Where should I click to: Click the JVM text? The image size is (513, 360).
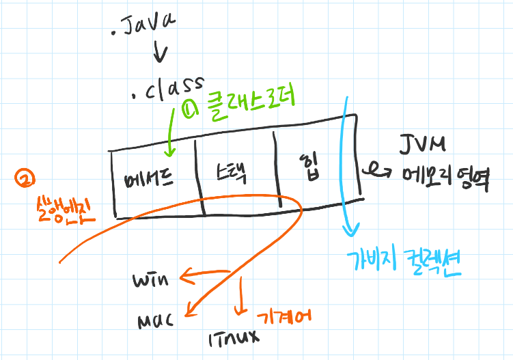coord(424,146)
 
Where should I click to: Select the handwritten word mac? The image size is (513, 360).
coord(154,318)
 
